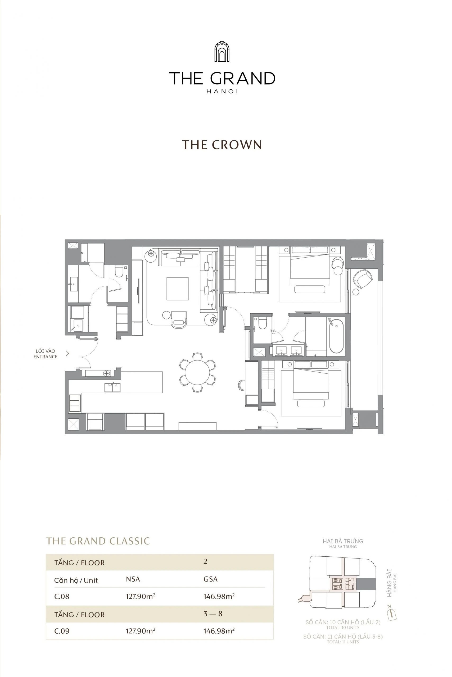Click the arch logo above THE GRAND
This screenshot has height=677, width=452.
[222, 52]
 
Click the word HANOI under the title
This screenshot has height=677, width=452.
[222, 92]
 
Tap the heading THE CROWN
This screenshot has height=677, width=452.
[222, 145]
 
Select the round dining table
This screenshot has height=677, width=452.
[198, 372]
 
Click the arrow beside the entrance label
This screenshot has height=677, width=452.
[67, 354]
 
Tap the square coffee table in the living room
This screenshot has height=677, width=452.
[177, 289]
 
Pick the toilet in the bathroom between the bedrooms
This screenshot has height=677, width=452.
[262, 323]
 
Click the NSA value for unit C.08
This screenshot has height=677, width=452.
[140, 596]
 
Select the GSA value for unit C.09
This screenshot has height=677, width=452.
[219, 631]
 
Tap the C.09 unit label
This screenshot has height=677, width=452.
[62, 631]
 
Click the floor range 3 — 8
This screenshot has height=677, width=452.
[213, 613]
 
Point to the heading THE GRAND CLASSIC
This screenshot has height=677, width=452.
[98, 541]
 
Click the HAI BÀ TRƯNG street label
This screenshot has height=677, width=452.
[343, 541]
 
